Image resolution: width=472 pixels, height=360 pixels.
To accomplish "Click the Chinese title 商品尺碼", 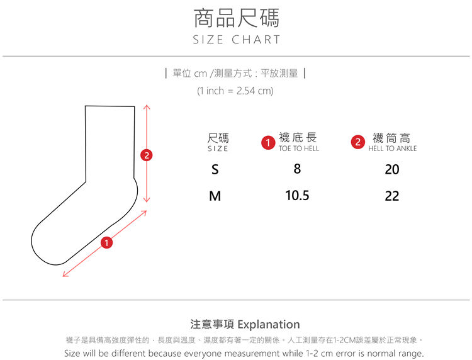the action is (236, 18).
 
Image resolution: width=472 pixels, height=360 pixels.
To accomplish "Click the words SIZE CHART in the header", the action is (236, 40).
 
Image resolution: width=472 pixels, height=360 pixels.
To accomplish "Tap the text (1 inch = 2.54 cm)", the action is (235, 91).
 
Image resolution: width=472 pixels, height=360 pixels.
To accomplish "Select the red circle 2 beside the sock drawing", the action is (147, 155).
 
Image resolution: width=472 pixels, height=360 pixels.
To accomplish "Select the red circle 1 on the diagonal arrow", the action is (106, 242).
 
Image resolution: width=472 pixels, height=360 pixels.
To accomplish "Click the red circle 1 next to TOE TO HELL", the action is (268, 143).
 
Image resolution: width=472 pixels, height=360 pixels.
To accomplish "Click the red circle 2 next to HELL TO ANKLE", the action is (358, 142).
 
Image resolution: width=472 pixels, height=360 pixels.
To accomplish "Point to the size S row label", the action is (215, 169).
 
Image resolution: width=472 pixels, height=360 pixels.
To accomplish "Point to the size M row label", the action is (215, 196).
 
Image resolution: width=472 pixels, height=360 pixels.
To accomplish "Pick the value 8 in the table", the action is (297, 169).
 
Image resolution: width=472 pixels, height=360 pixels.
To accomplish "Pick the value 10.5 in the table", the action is (297, 195).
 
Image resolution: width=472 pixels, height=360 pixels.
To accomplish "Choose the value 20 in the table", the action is (392, 169).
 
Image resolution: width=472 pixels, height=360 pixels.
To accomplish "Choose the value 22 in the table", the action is (392, 196).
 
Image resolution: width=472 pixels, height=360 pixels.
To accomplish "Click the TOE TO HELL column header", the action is (298, 149).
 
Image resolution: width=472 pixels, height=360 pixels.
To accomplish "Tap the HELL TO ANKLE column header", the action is (393, 149).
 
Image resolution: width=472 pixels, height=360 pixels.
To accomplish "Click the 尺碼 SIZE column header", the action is (218, 142).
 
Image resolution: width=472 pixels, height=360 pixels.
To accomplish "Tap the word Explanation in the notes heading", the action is (269, 325).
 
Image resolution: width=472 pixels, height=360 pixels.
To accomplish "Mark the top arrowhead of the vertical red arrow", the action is (147, 106).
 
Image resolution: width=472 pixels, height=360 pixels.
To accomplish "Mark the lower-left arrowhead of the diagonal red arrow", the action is (64, 276).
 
